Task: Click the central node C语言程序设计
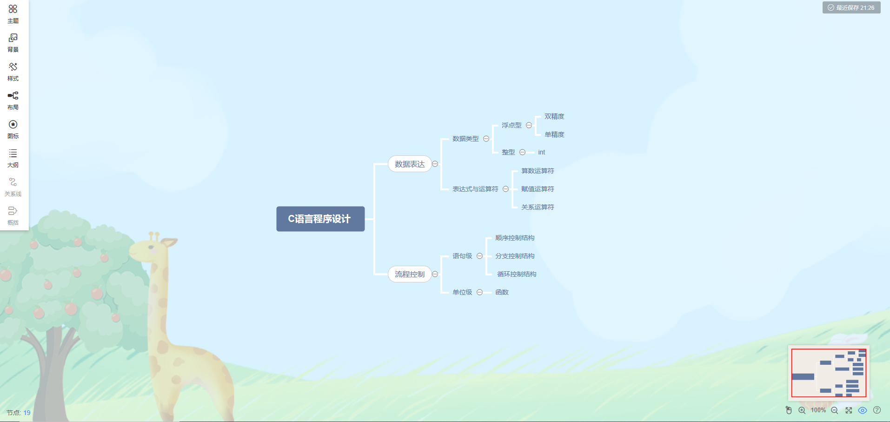coord(320,219)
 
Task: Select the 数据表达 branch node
coord(410,164)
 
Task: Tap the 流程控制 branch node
coord(410,274)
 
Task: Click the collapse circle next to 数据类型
coord(486,139)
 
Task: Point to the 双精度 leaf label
coord(554,116)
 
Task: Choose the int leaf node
coord(541,152)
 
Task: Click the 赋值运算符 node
coord(538,189)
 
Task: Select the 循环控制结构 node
coord(517,274)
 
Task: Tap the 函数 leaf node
coord(502,292)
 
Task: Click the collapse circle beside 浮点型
coord(529,125)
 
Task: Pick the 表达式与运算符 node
coord(475,189)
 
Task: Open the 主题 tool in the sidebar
coord(13,13)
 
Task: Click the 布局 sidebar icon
coord(13,100)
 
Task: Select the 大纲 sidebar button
coord(13,158)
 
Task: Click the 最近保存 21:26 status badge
coord(851,7)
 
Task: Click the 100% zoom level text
coord(818,410)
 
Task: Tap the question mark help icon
coord(877,410)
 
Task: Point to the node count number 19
coord(27,413)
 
